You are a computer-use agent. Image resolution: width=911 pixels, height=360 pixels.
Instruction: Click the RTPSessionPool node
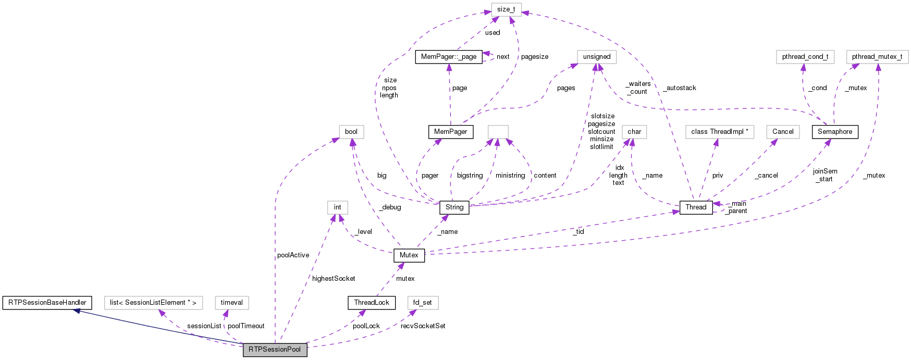pyautogui.click(x=275, y=350)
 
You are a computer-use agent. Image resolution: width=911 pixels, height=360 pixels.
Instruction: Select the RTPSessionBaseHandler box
pyautogui.click(x=47, y=303)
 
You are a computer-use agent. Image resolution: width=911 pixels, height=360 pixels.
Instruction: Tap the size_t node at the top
pyautogui.click(x=506, y=9)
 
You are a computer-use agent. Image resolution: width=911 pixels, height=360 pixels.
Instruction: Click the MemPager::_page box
pyautogui.click(x=448, y=57)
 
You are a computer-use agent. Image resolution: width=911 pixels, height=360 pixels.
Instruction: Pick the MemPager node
pyautogui.click(x=450, y=132)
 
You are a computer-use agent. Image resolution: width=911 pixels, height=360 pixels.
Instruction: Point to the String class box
pyautogui.click(x=454, y=207)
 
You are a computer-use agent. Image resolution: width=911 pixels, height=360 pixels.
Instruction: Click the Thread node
pyautogui.click(x=696, y=207)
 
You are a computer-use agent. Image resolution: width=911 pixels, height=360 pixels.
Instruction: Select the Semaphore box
pyautogui.click(x=834, y=132)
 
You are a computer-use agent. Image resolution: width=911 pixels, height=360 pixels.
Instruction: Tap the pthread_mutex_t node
pyautogui.click(x=877, y=57)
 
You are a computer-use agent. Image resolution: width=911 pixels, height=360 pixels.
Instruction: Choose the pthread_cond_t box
pyautogui.click(x=805, y=57)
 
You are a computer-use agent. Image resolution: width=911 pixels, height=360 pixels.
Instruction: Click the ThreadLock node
pyautogui.click(x=371, y=303)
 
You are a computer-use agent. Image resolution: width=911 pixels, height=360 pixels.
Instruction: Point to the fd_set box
pyautogui.click(x=422, y=303)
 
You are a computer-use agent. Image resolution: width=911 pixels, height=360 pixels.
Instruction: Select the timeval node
pyautogui.click(x=231, y=303)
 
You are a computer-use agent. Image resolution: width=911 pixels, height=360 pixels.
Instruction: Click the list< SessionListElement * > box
pyautogui.click(x=153, y=303)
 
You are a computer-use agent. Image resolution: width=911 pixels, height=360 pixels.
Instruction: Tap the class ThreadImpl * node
pyautogui.click(x=719, y=132)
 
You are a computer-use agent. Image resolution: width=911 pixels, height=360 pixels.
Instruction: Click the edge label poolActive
pyautogui.click(x=293, y=255)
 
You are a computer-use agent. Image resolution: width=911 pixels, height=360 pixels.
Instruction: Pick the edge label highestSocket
pyautogui.click(x=334, y=279)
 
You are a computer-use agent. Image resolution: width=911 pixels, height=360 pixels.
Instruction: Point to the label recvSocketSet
pyautogui.click(x=423, y=326)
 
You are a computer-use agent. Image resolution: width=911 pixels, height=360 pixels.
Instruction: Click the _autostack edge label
pyautogui.click(x=680, y=88)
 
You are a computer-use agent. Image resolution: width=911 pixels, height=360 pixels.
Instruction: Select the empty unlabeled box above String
pyautogui.click(x=498, y=132)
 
